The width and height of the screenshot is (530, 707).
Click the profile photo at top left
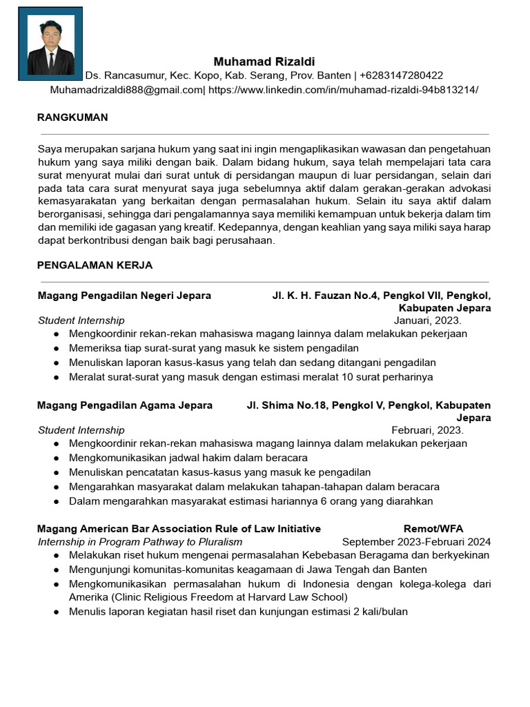pos(50,44)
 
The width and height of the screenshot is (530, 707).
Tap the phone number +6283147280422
pos(402,75)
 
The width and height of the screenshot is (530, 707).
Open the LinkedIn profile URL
pos(343,90)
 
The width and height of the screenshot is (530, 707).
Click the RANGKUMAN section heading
pos(72,117)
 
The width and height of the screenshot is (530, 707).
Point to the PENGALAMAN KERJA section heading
pos(95,265)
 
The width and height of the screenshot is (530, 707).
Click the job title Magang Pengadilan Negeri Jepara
pos(124,296)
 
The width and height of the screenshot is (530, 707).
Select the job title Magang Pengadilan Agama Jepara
pos(125,405)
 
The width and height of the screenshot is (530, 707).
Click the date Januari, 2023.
pos(427,320)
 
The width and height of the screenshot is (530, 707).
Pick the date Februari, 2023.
pos(427,430)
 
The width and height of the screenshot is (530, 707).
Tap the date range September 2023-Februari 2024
pos(416,542)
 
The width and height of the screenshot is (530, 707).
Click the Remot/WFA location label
pos(433,529)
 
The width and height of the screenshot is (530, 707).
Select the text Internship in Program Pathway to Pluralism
pos(140,542)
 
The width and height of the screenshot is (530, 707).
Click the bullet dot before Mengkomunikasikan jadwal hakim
pos(56,458)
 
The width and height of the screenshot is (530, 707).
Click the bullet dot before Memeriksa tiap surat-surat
pos(56,348)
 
